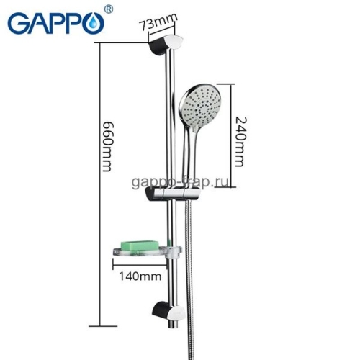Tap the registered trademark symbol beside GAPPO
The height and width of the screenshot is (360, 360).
tap(108, 9)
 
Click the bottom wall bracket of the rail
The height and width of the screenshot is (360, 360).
tap(167, 311)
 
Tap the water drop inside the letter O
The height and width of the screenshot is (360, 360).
tap(94, 26)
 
